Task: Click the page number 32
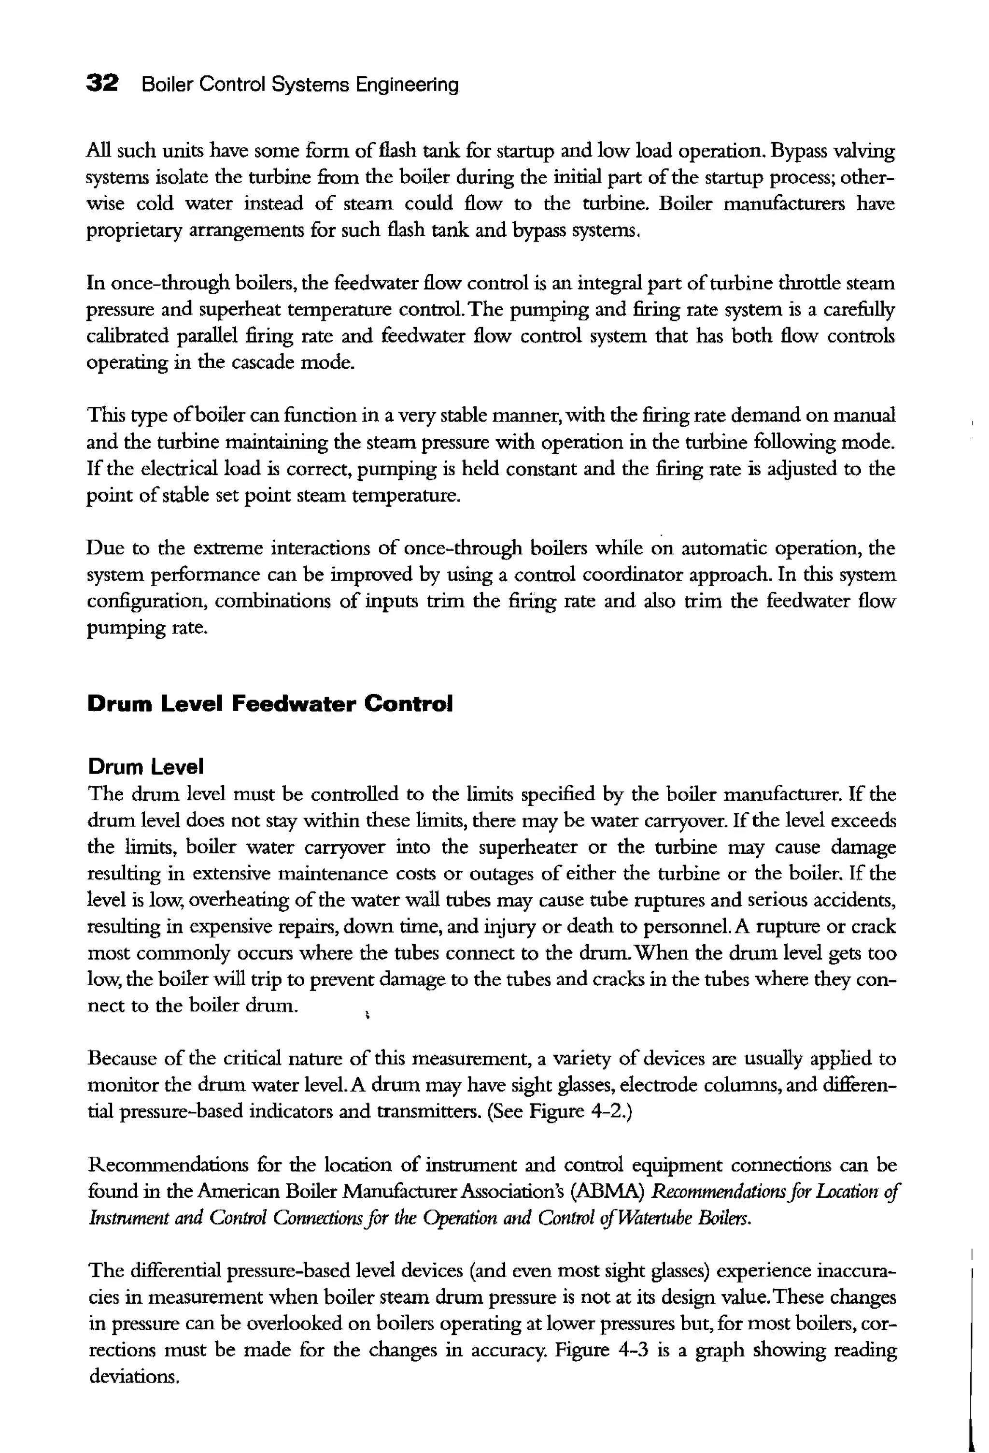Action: (x=102, y=83)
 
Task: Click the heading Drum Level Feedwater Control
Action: (x=270, y=704)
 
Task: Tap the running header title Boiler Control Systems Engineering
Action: (x=300, y=85)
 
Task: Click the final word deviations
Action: (x=134, y=1376)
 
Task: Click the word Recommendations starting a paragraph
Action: (x=168, y=1165)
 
